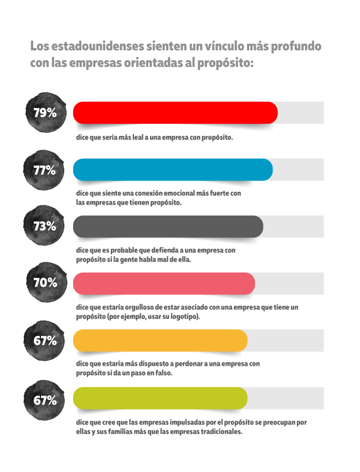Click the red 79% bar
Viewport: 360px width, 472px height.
coord(175,113)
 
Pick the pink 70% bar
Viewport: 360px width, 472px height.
coord(164,283)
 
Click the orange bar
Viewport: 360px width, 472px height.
coord(160,340)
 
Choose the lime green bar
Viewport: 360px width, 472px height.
coord(160,398)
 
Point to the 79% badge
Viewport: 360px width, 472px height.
coord(45,113)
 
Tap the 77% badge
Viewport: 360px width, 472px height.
coord(45,170)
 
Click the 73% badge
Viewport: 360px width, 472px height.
coord(45,226)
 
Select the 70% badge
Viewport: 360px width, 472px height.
coord(45,283)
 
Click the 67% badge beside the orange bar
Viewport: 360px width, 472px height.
coord(45,341)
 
